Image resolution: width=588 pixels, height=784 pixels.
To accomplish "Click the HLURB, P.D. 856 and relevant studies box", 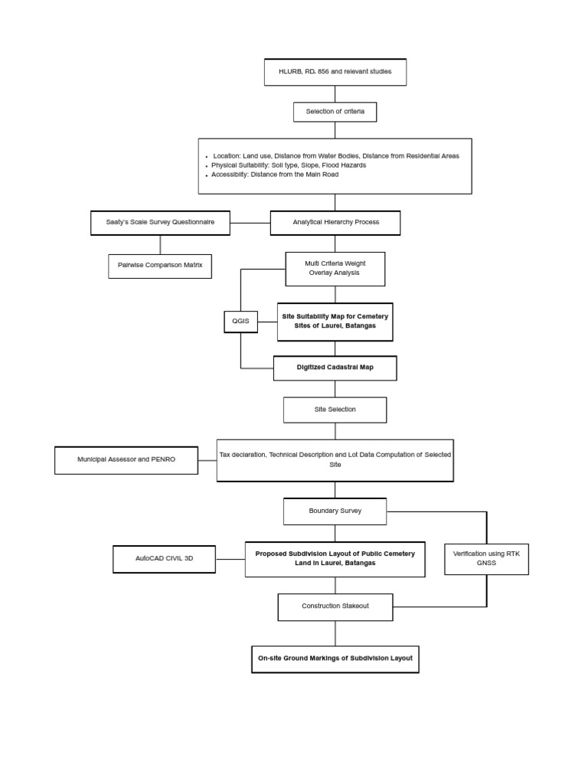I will [x=335, y=72].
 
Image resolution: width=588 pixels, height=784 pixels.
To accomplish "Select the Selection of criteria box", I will [x=335, y=112].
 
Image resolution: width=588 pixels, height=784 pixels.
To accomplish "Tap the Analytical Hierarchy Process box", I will [x=335, y=223].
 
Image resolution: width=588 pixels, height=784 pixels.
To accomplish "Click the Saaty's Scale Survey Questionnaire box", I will [x=160, y=223].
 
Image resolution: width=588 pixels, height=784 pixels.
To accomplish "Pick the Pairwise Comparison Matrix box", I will [x=160, y=266].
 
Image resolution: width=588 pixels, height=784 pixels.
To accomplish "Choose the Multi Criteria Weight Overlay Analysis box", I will [x=335, y=269].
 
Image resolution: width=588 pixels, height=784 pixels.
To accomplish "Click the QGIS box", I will [x=240, y=322].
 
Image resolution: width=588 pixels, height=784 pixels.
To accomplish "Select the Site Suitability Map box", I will [x=335, y=322].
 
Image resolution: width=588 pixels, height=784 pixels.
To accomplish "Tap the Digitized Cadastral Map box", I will [x=335, y=367].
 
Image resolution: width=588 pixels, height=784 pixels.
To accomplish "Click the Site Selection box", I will [x=335, y=410].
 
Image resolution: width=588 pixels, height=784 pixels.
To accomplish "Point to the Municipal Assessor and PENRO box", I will [x=126, y=460].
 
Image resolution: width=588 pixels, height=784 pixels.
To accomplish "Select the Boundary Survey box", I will [x=335, y=511].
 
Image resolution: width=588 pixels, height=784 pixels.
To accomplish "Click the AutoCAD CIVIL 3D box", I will [x=164, y=559].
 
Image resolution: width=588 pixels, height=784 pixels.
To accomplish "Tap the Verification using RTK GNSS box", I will [x=486, y=559].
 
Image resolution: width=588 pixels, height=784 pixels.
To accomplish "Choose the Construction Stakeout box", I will [x=335, y=606].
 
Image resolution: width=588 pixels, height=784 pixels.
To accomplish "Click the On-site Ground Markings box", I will [x=335, y=658].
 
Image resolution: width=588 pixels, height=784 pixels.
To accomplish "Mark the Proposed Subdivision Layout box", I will [x=335, y=559].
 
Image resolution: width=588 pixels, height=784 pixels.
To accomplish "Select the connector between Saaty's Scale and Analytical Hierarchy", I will [x=250, y=223].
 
